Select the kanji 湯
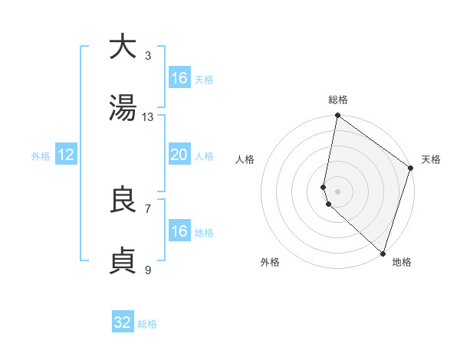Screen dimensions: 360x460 123,108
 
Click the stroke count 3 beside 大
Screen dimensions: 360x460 148,55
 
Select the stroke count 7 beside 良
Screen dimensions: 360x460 148,208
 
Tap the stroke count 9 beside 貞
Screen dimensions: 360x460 148,270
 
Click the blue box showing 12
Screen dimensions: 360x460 66,155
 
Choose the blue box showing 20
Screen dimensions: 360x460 179,155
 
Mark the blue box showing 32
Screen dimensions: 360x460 123,322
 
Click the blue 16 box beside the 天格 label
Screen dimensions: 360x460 179,78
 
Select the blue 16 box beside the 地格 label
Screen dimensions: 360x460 179,231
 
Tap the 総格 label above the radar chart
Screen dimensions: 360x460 338,100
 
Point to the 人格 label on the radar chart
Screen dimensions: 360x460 245,159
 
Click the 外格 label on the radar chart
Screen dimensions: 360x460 270,262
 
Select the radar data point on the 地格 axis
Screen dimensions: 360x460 383,253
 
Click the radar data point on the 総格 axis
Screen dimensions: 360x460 337,116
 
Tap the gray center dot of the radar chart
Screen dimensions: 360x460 337,191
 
